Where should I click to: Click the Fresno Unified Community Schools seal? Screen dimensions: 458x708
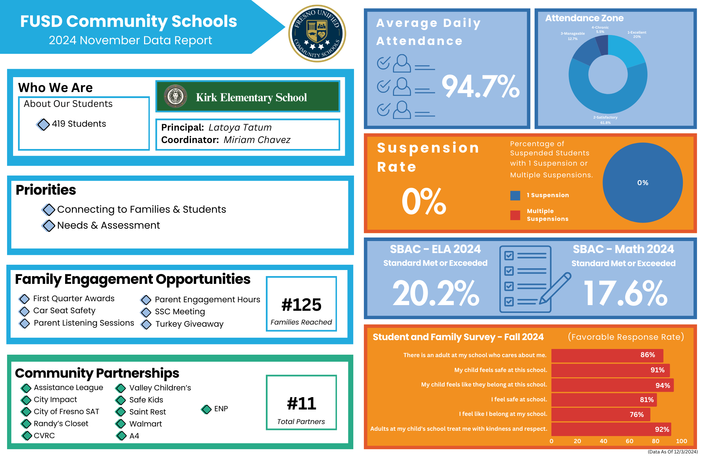[x=317, y=34]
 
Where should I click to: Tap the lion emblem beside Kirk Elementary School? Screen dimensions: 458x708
[x=175, y=96]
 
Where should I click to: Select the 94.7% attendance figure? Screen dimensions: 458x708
[x=480, y=86]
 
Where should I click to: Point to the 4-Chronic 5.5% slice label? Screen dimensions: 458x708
[x=600, y=29]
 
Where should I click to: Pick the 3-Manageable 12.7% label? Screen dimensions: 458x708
[x=572, y=36]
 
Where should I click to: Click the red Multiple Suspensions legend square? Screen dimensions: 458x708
[x=515, y=215]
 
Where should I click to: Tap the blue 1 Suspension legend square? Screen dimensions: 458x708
[x=515, y=195]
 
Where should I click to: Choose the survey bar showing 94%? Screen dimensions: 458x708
[x=612, y=385]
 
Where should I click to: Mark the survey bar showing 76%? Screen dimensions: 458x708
[x=600, y=414]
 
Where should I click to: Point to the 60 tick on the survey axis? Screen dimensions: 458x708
[x=629, y=441]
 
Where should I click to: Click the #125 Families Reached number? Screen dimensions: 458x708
[x=301, y=305]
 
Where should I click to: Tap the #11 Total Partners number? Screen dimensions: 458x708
[x=301, y=403]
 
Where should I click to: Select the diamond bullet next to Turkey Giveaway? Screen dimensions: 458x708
[x=146, y=324]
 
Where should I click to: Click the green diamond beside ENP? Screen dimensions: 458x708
[x=206, y=409]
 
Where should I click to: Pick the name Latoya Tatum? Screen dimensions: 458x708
[x=240, y=127]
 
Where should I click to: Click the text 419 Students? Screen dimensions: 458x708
[x=79, y=124]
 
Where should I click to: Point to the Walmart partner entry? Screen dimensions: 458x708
[x=145, y=424]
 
